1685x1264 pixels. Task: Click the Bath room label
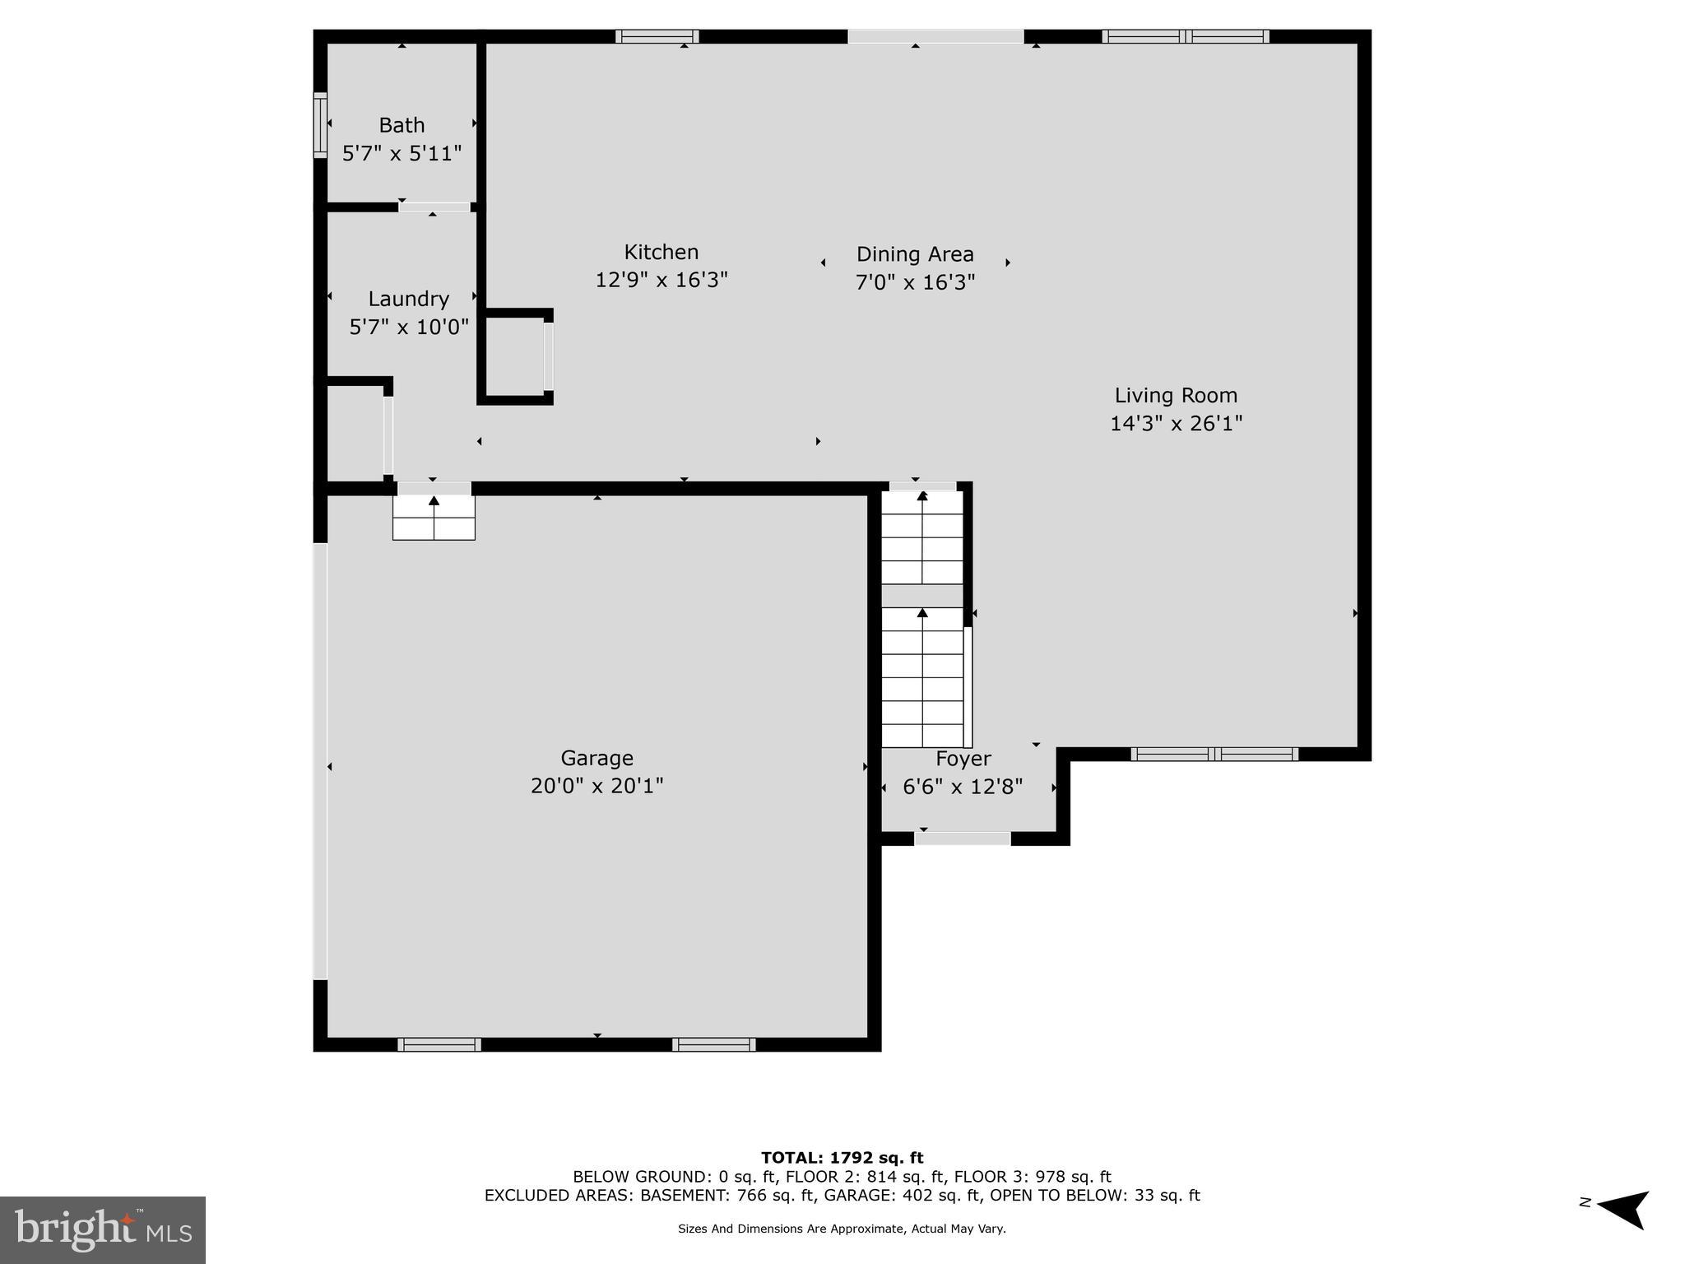pyautogui.click(x=402, y=125)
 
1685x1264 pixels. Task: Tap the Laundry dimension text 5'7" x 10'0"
pyautogui.click(x=409, y=327)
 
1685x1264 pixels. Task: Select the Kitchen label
pyautogui.click(x=661, y=252)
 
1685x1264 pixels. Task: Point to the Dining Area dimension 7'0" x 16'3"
pyautogui.click(x=915, y=282)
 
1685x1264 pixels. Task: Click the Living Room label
pyautogui.click(x=1175, y=395)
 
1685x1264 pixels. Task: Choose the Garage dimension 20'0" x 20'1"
pyautogui.click(x=596, y=785)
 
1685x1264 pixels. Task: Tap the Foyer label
pyautogui.click(x=963, y=758)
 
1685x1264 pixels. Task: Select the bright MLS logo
pyautogui.click(x=103, y=1229)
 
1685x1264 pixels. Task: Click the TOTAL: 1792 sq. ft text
pyautogui.click(x=842, y=1158)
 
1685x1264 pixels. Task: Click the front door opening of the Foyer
pyautogui.click(x=962, y=839)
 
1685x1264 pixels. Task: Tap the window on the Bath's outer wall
pyautogui.click(x=320, y=124)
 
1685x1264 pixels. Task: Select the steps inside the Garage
pyautogui.click(x=434, y=518)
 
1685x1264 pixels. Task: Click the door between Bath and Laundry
pyautogui.click(x=434, y=207)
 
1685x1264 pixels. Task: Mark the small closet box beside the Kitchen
pyautogui.click(x=514, y=356)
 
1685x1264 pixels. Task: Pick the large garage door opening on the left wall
pyautogui.click(x=320, y=761)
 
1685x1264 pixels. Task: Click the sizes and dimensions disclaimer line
pyautogui.click(x=842, y=1229)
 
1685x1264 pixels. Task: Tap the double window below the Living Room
pyautogui.click(x=1214, y=754)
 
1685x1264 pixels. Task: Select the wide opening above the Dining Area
pyautogui.click(x=935, y=36)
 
